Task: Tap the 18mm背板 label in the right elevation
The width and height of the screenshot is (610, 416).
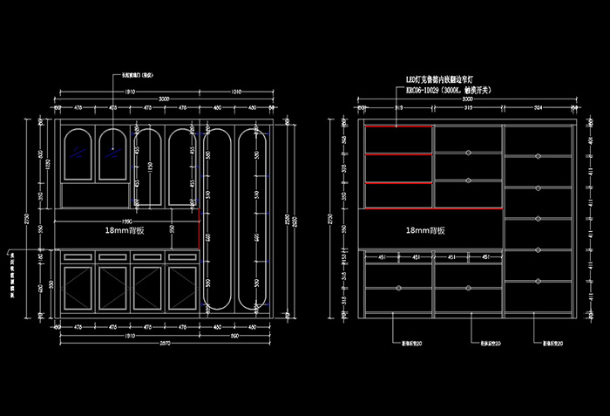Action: tap(425, 231)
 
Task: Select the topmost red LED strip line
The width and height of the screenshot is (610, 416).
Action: tap(398, 126)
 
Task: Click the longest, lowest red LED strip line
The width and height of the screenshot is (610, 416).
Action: tap(433, 209)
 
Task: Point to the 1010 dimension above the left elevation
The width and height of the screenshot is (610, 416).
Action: tap(237, 92)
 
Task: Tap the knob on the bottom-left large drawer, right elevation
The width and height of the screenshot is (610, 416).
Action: tap(399, 288)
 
